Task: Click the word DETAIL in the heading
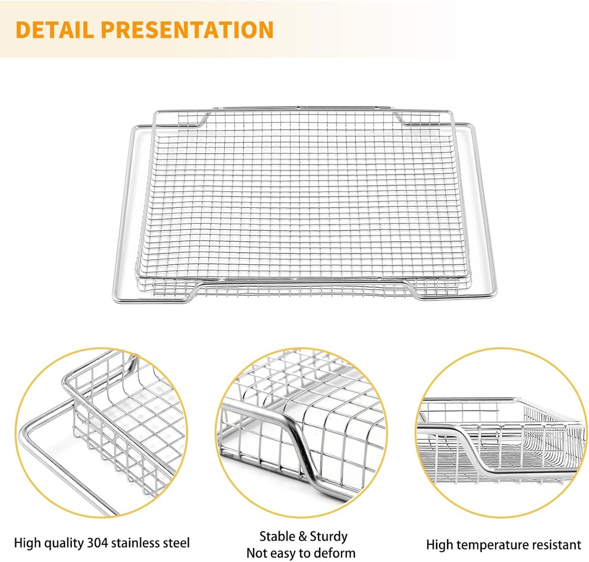(x=55, y=30)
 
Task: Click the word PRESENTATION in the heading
(x=187, y=30)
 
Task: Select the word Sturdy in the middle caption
(x=328, y=536)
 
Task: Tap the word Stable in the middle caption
(x=277, y=536)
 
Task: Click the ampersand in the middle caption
(x=303, y=537)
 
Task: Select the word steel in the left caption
(x=176, y=543)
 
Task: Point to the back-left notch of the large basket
(x=203, y=120)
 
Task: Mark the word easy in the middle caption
(x=283, y=554)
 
